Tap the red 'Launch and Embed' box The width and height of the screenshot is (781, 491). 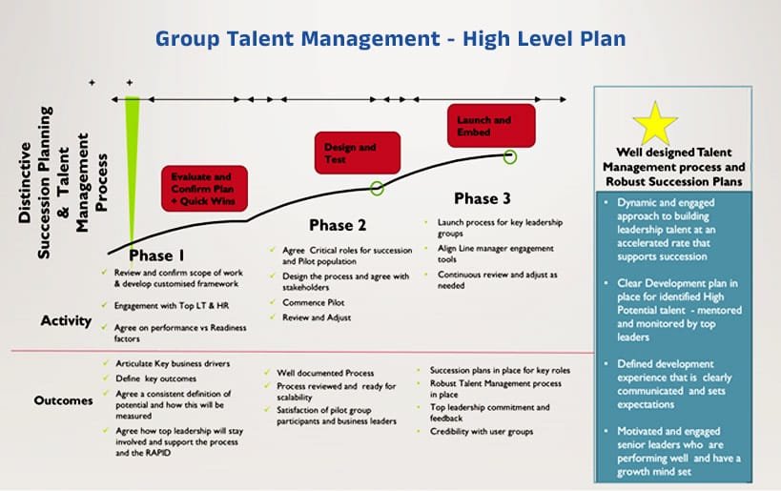(491, 126)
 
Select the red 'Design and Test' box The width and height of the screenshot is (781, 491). (358, 153)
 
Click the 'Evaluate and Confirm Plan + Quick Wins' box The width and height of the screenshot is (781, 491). (204, 188)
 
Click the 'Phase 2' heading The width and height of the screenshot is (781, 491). (338, 226)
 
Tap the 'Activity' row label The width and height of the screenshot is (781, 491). (66, 321)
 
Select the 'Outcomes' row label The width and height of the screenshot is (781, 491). (63, 400)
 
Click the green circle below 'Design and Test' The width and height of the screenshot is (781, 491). (378, 188)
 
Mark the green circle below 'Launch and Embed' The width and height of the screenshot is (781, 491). (510, 154)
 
